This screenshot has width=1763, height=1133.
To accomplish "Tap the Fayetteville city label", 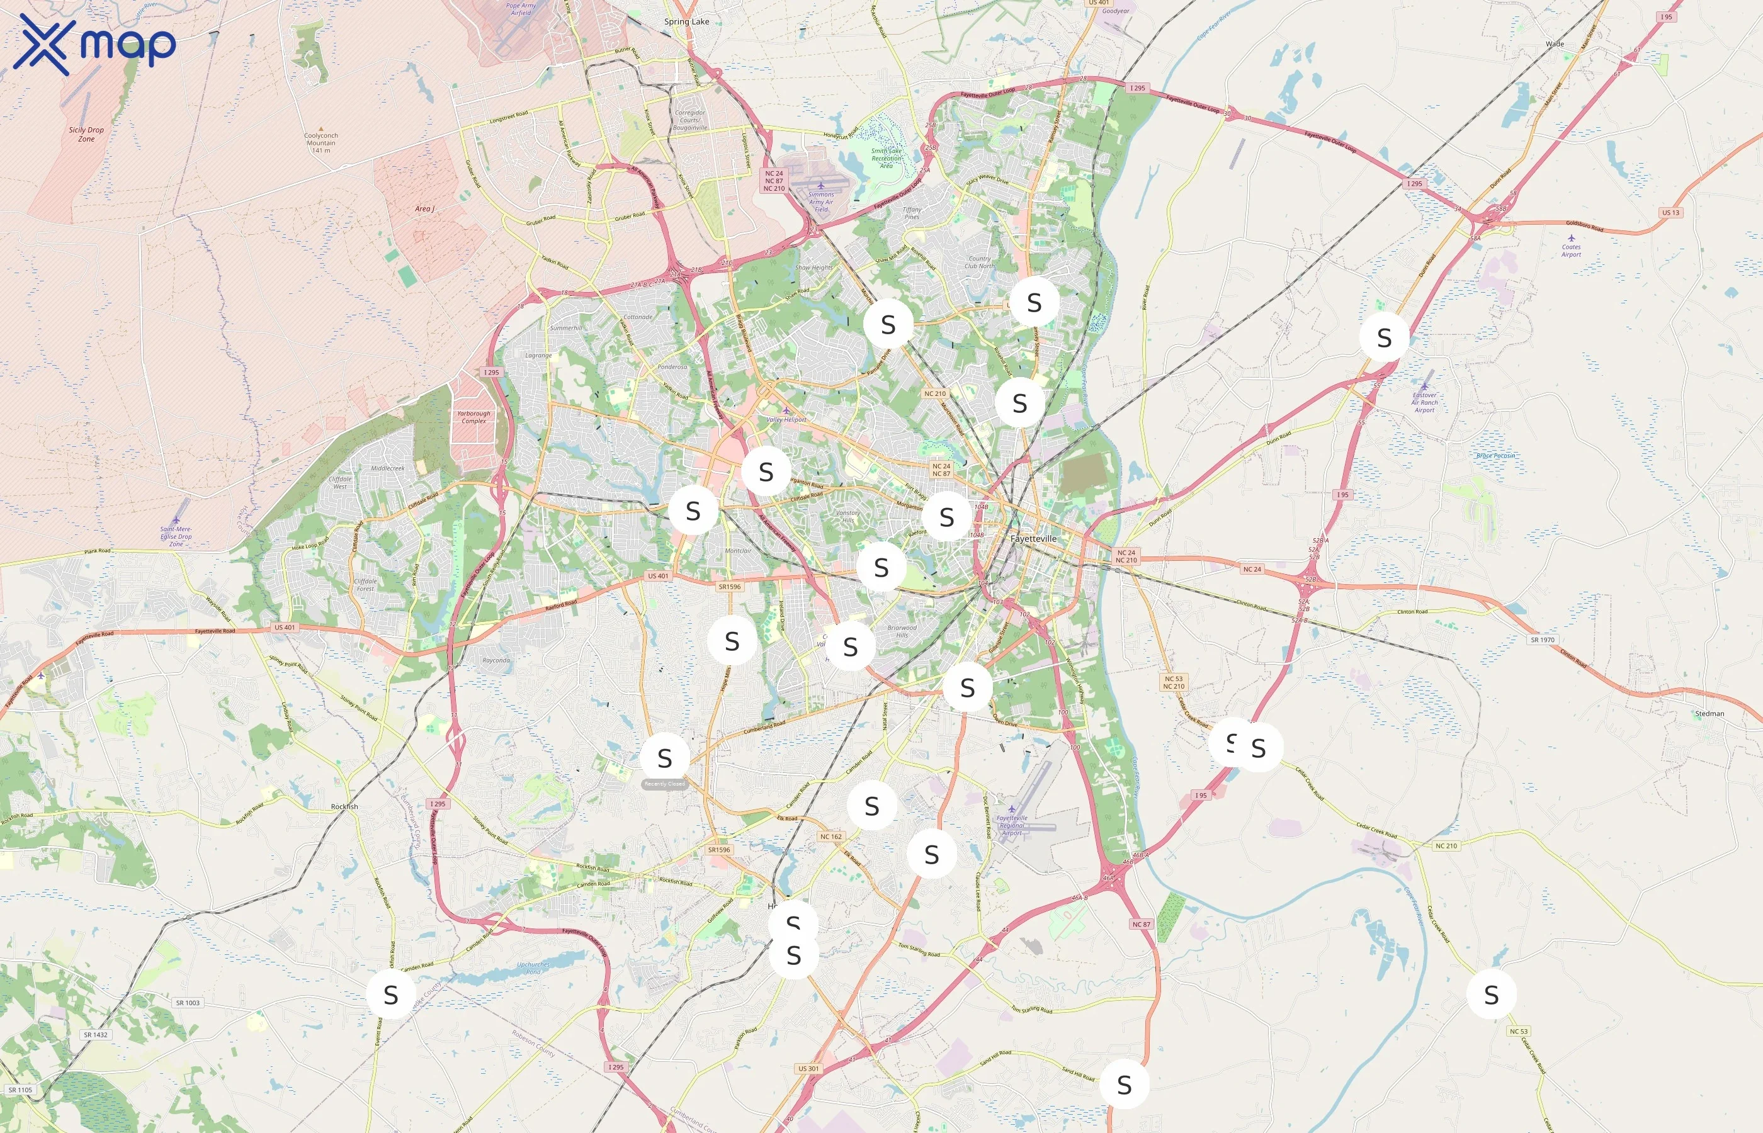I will click(x=1033, y=539).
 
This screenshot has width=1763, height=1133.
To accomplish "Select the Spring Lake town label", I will click(x=686, y=21).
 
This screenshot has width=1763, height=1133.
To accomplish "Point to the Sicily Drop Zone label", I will click(x=86, y=134).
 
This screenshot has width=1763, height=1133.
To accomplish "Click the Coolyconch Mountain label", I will click(x=321, y=142).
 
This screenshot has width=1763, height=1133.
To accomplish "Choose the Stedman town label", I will click(x=1709, y=713).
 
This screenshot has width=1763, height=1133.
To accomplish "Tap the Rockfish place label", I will click(x=344, y=806).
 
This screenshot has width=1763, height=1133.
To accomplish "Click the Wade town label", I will click(x=1555, y=44).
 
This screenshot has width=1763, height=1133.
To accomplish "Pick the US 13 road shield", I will click(x=1671, y=213).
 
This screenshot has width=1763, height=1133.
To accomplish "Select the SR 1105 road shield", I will click(x=21, y=1090).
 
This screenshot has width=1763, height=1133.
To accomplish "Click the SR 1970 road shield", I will click(x=1542, y=640).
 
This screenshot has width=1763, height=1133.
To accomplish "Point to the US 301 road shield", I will click(x=808, y=1068).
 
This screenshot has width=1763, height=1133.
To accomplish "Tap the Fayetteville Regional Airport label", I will click(x=1012, y=825).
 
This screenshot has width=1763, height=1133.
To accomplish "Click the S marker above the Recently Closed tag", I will click(x=664, y=757).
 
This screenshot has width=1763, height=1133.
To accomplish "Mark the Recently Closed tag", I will click(x=664, y=784).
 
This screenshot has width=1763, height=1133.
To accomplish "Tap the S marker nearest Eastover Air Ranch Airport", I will click(x=1384, y=337).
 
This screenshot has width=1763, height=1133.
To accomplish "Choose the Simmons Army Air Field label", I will click(x=821, y=201).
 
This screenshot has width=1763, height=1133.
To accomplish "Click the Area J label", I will click(x=424, y=208).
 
